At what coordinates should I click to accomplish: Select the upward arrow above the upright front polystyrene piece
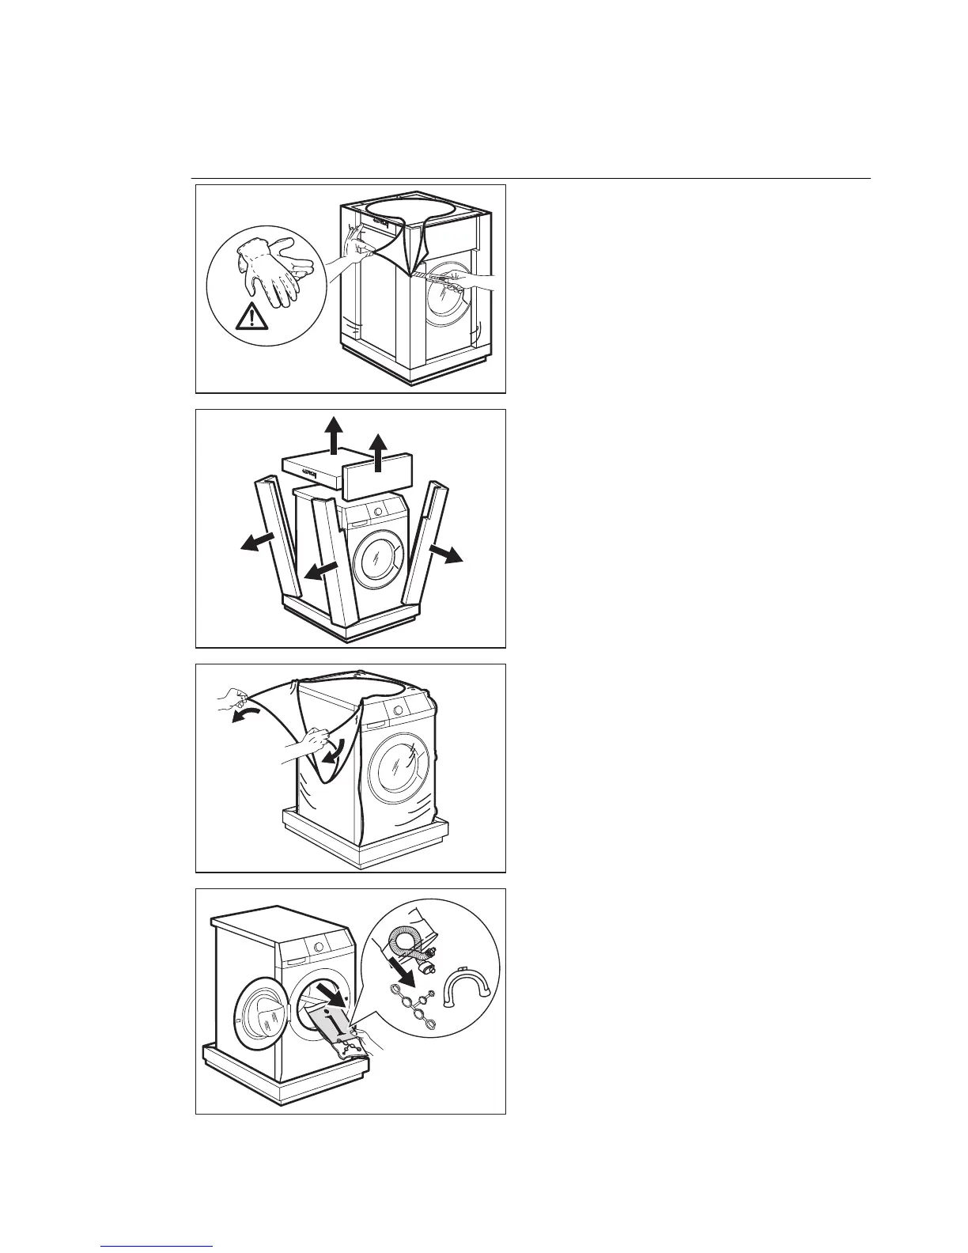[x=381, y=452]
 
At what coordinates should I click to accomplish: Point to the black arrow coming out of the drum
[x=332, y=994]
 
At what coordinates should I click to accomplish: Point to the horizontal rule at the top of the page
[x=530, y=179]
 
